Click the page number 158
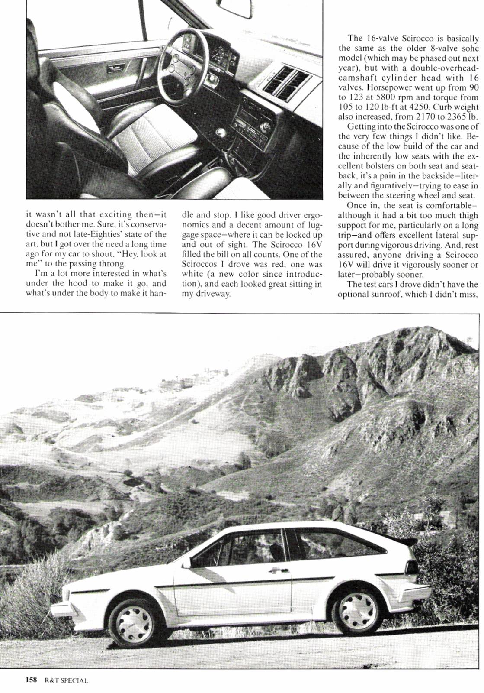[x=31, y=680]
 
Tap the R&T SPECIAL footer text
[x=66, y=680]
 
